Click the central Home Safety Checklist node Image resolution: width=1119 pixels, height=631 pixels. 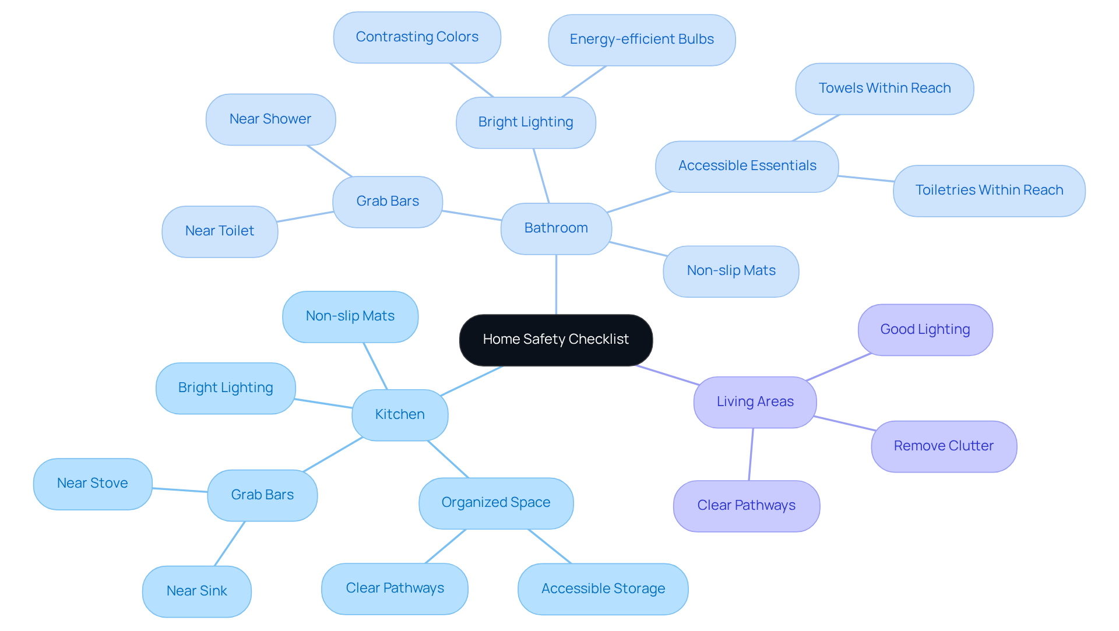[x=555, y=340]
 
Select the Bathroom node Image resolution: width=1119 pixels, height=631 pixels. [x=556, y=228]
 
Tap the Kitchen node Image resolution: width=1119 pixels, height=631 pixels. [x=400, y=415]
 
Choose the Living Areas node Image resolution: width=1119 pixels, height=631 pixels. [x=755, y=402]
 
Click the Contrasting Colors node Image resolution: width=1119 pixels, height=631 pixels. [x=417, y=37]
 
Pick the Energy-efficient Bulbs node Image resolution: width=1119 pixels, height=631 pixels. [x=641, y=40]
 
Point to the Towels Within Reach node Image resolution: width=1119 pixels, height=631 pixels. [x=884, y=89]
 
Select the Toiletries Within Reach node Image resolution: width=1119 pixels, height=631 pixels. [x=988, y=191]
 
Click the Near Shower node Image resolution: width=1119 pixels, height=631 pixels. [x=270, y=119]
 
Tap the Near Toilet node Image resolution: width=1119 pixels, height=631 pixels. [x=220, y=231]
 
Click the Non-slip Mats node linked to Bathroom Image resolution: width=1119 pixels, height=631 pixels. [x=730, y=271]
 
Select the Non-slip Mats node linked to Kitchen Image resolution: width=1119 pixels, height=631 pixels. [x=350, y=316]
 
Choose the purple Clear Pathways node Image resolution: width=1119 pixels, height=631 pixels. [x=746, y=506]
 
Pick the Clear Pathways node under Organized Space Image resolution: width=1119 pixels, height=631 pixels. [x=395, y=588]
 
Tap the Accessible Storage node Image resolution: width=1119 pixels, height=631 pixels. [x=603, y=589]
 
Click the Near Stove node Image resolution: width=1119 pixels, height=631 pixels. [x=93, y=484]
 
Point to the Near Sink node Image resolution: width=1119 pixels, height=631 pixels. [x=196, y=591]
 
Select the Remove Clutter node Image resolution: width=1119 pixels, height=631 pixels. [x=944, y=446]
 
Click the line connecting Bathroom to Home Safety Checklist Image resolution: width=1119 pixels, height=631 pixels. [x=556, y=284]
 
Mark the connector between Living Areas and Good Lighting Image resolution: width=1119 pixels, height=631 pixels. [x=838, y=367]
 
